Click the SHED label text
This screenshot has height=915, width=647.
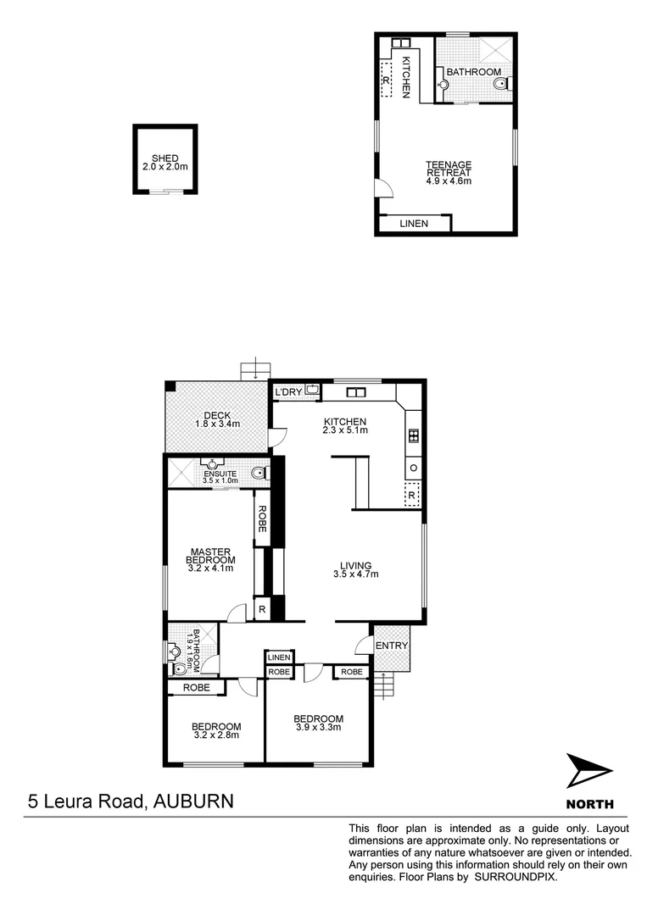click(165, 158)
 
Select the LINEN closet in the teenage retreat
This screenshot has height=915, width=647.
click(413, 224)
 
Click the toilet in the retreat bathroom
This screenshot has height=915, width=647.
click(501, 83)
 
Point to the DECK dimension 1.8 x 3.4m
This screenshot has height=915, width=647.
click(218, 424)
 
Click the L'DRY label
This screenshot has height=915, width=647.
click(288, 391)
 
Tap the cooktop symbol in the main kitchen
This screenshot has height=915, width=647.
click(413, 436)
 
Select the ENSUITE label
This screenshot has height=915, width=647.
click(218, 474)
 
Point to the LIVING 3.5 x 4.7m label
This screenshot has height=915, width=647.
click(355, 569)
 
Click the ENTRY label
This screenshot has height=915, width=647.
click(392, 646)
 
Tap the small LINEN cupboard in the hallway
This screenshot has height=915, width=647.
click(279, 657)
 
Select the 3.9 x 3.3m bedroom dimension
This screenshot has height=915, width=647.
click(319, 727)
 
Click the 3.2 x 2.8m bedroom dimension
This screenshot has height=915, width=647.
click(215, 735)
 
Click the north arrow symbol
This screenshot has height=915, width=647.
click(588, 771)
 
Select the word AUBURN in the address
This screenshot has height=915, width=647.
click(192, 800)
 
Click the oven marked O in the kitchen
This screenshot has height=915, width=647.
click(413, 468)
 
